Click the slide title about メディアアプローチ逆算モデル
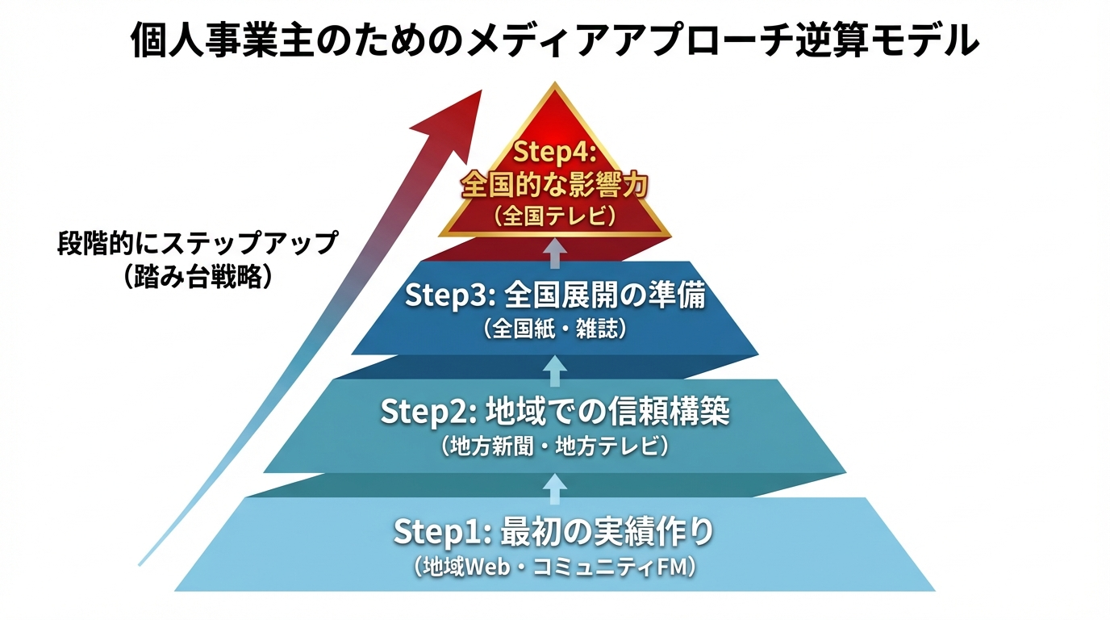[x=555, y=40]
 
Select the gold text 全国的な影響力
[x=554, y=185]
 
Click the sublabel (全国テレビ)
[x=554, y=216]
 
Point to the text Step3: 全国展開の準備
[x=555, y=295]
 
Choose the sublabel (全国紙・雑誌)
[x=555, y=329]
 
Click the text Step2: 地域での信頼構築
[x=555, y=413]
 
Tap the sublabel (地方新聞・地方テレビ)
[x=555, y=446]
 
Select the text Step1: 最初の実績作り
[x=554, y=532]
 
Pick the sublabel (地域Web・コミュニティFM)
[x=555, y=567]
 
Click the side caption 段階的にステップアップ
[x=197, y=243]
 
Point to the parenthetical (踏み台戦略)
[x=197, y=277]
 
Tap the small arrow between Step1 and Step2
[x=555, y=488]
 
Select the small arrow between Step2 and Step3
[x=555, y=371]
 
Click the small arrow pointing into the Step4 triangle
[x=555, y=253]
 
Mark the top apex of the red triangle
[x=555, y=82]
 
